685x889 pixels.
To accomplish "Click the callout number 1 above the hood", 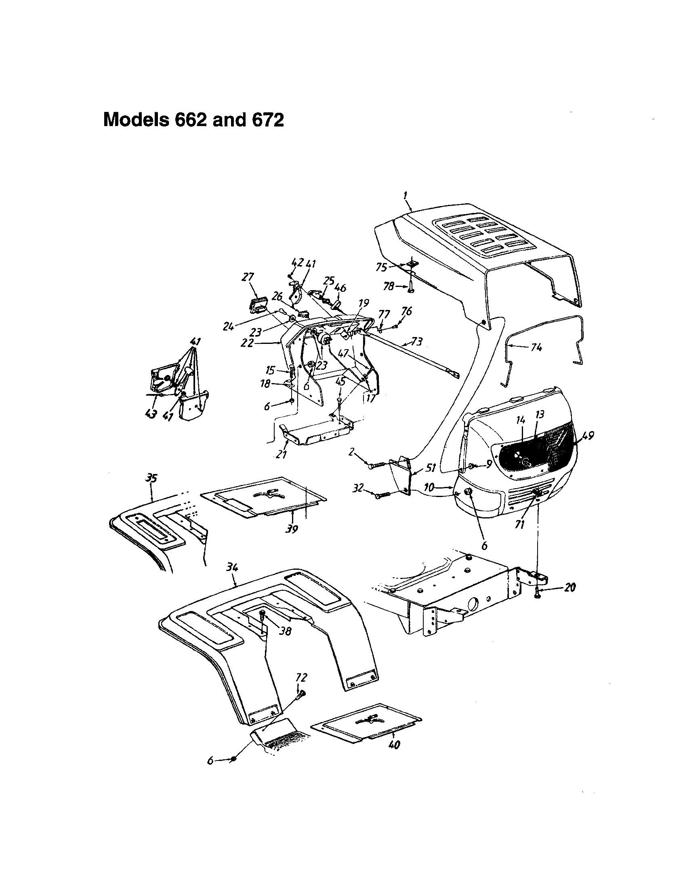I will [406, 196].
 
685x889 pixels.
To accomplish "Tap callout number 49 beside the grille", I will [587, 436].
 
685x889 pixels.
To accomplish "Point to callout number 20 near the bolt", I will [570, 588].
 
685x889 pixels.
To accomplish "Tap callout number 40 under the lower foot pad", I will [394, 745].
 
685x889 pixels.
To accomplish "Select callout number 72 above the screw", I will [301, 678].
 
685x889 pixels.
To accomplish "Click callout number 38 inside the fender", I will [285, 632].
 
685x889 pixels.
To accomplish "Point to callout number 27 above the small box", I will [248, 277].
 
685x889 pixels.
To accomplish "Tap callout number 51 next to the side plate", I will [431, 468].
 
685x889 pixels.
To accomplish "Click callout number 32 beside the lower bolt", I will [358, 489].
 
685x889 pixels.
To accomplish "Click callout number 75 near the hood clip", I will [382, 268].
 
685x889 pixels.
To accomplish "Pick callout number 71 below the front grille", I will [519, 525].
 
